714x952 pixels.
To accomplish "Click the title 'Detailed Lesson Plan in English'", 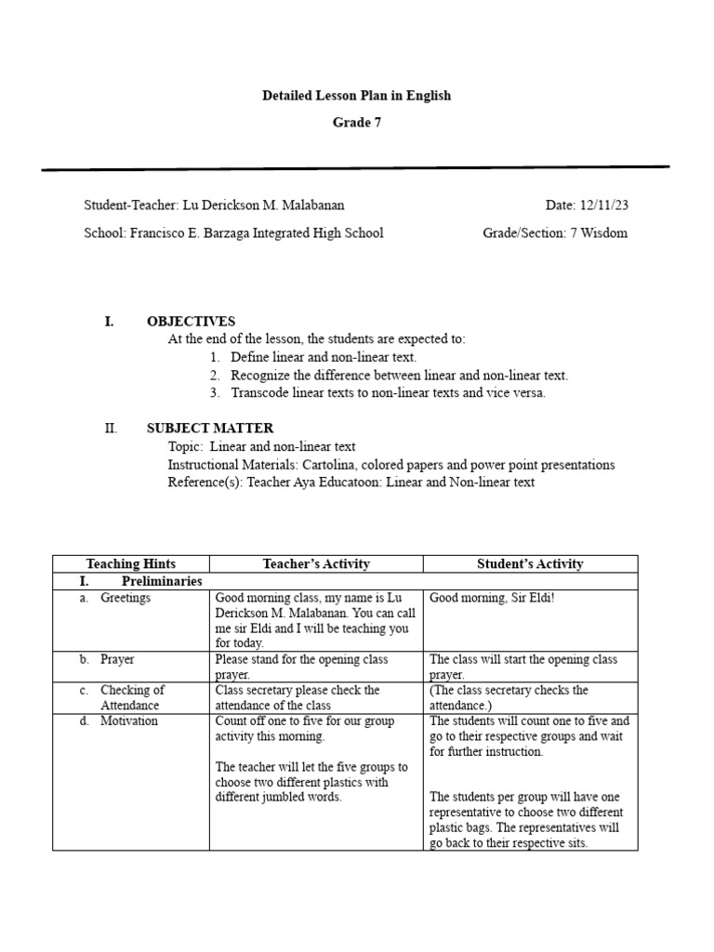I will click(x=356, y=96).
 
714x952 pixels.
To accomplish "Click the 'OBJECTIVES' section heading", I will click(x=191, y=322).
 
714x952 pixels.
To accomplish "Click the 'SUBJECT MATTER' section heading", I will click(x=210, y=429).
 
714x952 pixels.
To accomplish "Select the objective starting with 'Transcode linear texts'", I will click(x=389, y=392).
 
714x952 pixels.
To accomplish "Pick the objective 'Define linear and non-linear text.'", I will click(x=324, y=357).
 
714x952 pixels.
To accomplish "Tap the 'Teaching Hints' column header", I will click(x=130, y=564).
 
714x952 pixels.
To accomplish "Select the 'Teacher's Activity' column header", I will click(x=316, y=564).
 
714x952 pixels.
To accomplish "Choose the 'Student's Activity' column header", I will click(x=530, y=564).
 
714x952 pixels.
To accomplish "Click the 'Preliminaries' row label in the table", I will click(x=162, y=581).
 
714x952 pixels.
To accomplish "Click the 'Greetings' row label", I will click(x=125, y=598).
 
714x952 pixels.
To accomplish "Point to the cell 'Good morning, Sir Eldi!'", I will click(x=492, y=598).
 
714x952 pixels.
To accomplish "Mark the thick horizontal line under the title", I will click(x=356, y=169).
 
